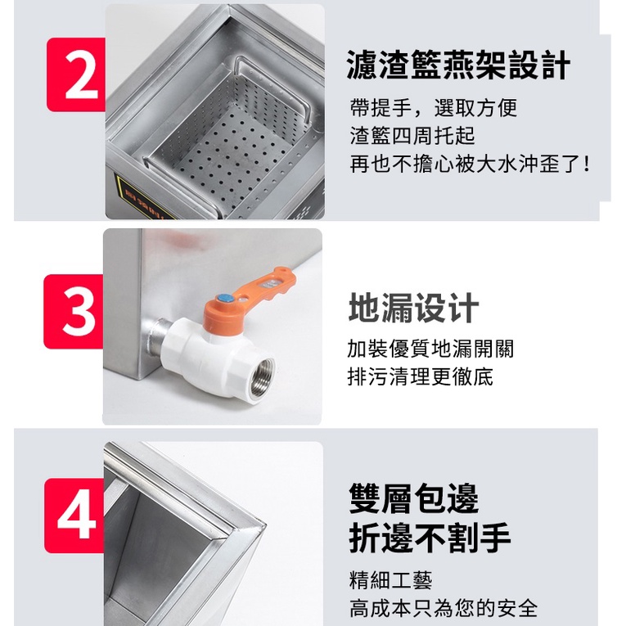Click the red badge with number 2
coord(76,74)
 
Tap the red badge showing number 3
coord(74,312)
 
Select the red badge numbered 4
coord(74,516)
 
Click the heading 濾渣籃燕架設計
coord(458,65)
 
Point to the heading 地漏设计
coord(413,308)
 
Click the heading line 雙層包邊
coord(413,498)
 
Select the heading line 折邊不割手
coord(430,538)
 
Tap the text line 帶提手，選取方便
coord(434,108)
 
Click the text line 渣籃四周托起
coord(412,135)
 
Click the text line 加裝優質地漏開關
coord(430,349)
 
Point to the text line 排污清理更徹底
coord(421,376)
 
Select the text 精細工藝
coord(391,580)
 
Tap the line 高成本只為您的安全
coord(444,608)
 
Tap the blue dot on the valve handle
coord(225,299)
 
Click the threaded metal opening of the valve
coord(262,377)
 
